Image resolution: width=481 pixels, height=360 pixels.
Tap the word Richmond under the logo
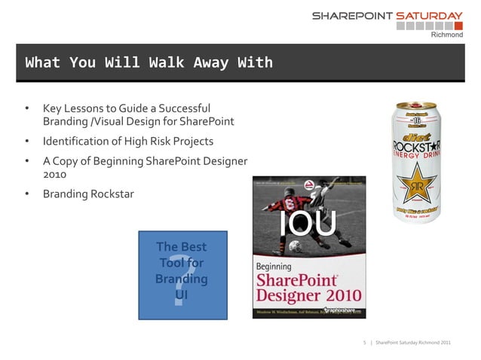446,35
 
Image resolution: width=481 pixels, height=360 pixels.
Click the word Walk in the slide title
161,63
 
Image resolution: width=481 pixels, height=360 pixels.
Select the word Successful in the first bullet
183,108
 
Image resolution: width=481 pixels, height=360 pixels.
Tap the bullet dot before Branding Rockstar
27,194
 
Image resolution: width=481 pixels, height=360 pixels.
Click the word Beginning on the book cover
272,266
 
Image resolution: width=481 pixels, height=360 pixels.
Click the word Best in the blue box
192,247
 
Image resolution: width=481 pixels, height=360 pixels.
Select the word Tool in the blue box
173,263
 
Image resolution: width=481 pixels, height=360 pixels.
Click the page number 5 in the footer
365,343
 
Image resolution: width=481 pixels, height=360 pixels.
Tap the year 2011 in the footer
445,343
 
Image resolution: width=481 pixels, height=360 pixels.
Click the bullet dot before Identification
27,141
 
